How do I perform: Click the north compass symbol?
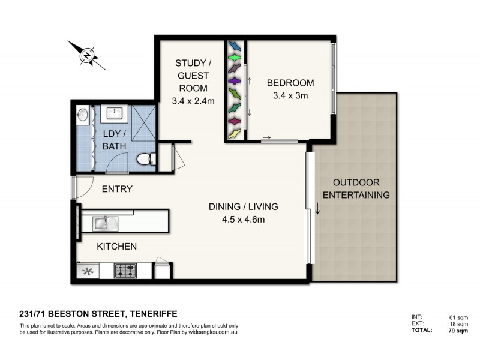click(x=87, y=55)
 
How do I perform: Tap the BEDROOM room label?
click(x=290, y=83)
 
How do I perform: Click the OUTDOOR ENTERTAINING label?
click(x=356, y=188)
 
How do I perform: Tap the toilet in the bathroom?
click(x=146, y=160)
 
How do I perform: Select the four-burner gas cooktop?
click(x=125, y=271)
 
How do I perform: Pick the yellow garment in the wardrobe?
click(x=235, y=133)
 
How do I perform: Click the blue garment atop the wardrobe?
click(x=235, y=46)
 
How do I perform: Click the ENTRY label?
click(x=117, y=189)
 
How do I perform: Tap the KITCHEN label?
click(x=117, y=246)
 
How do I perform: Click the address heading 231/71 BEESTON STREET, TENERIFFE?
click(x=98, y=314)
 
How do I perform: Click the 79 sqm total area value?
click(x=458, y=331)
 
